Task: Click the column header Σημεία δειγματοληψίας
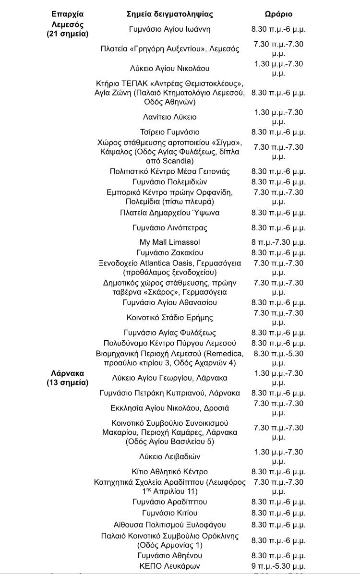point(169,14)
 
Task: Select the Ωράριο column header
point(278,14)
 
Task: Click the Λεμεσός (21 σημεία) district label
point(68,29)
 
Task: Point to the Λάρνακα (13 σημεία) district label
point(68,378)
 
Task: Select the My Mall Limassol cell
point(169,242)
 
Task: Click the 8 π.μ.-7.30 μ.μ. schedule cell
point(278,242)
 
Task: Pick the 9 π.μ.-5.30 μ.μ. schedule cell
point(278,566)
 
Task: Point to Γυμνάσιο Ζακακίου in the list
point(169,252)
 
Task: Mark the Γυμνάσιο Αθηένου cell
point(169,555)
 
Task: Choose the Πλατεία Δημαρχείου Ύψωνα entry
point(169,213)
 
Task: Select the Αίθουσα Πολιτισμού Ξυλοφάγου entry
point(169,525)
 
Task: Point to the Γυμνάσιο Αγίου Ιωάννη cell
point(169,29)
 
